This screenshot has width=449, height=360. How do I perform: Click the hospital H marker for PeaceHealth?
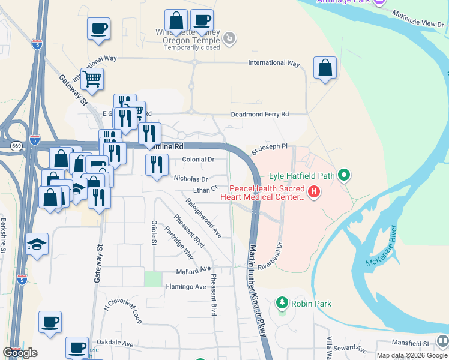point(313,192)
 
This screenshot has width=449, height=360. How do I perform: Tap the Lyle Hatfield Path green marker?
point(344,176)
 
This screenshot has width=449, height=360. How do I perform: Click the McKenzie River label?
point(381,247)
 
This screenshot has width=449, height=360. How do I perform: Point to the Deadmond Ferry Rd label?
point(260,114)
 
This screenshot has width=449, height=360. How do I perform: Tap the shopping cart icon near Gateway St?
point(92,79)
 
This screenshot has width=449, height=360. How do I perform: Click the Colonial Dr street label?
point(199,160)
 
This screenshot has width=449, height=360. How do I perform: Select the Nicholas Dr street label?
point(190,179)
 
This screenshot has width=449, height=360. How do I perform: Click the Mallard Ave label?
point(193,269)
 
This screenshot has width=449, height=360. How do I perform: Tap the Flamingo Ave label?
point(186,287)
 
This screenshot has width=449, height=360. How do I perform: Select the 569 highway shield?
point(14,145)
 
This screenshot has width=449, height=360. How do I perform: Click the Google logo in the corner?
point(20,353)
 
